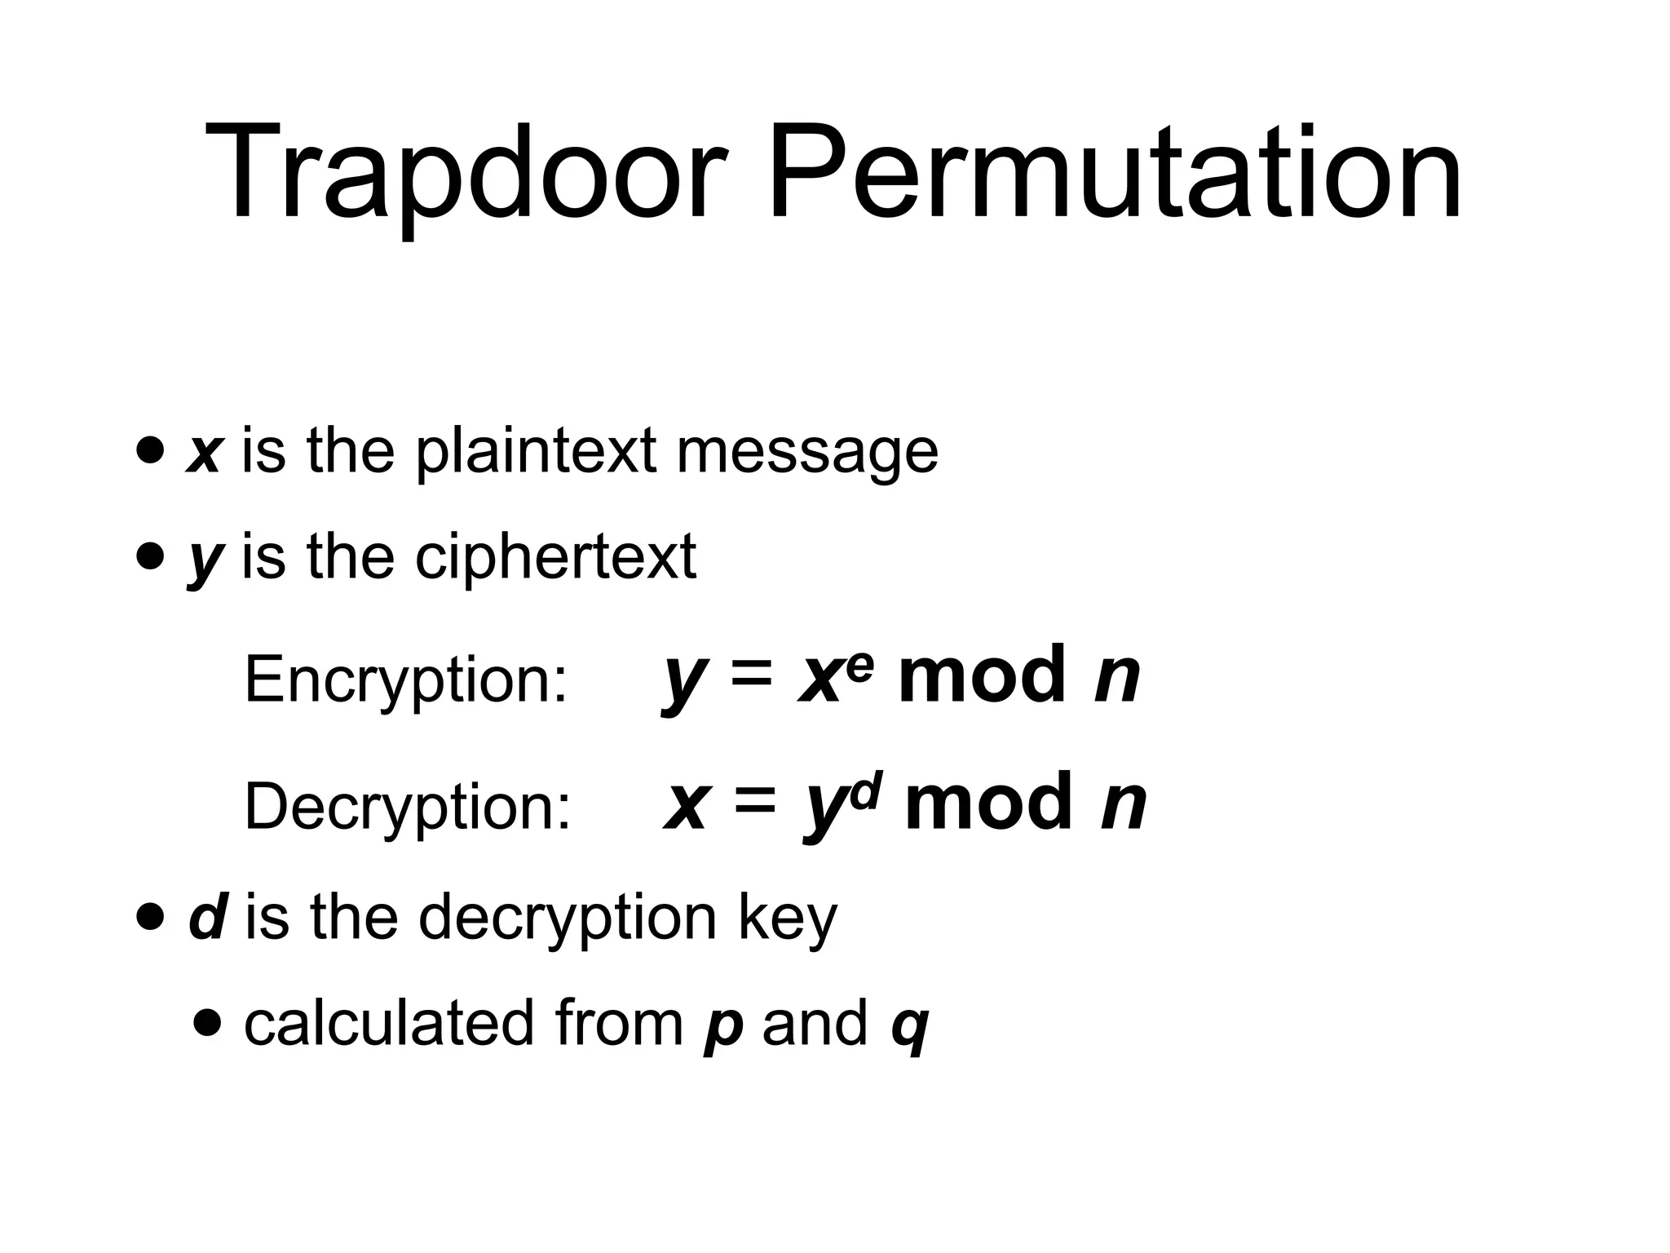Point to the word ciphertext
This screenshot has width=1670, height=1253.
coord(555,558)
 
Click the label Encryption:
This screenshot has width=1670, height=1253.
coord(405,679)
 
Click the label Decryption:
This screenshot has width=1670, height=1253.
coord(408,807)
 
